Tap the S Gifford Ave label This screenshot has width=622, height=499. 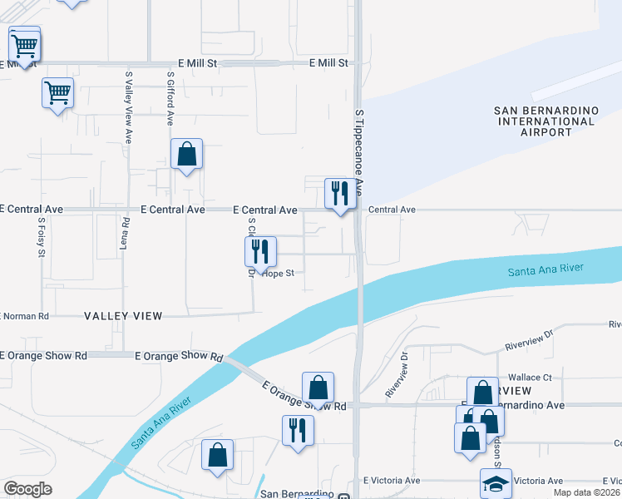170,97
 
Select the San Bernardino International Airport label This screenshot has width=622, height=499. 545,121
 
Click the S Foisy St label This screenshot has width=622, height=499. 41,237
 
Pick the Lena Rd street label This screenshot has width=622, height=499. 126,235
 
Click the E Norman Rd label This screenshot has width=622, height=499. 25,316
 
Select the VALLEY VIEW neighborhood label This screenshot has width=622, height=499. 123,316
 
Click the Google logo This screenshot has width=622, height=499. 27,488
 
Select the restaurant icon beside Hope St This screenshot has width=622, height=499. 260,251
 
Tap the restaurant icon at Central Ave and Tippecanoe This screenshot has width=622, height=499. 340,194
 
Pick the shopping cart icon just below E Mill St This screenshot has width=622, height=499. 57,93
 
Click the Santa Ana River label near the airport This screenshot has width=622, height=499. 545,269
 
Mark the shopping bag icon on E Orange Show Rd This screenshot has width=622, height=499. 318,388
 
